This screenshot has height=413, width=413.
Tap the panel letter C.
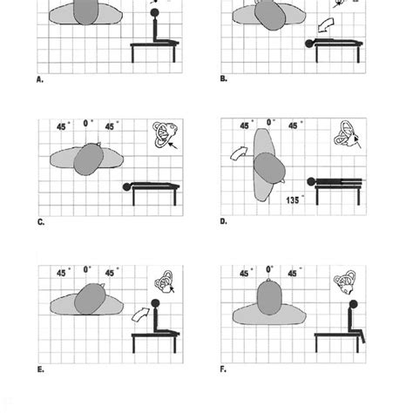pyautogui.click(x=40, y=221)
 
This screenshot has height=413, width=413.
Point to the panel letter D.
pyautogui.click(x=223, y=221)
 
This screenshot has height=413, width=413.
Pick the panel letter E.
pyautogui.click(x=40, y=369)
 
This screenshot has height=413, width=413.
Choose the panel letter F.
pyautogui.click(x=223, y=369)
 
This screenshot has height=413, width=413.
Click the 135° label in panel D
pyautogui.click(x=294, y=200)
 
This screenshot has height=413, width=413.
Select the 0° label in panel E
pyautogui.click(x=88, y=271)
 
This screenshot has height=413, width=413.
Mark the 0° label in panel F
pyautogui.click(x=270, y=271)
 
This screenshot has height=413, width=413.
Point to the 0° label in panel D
pyautogui.click(x=271, y=125)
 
